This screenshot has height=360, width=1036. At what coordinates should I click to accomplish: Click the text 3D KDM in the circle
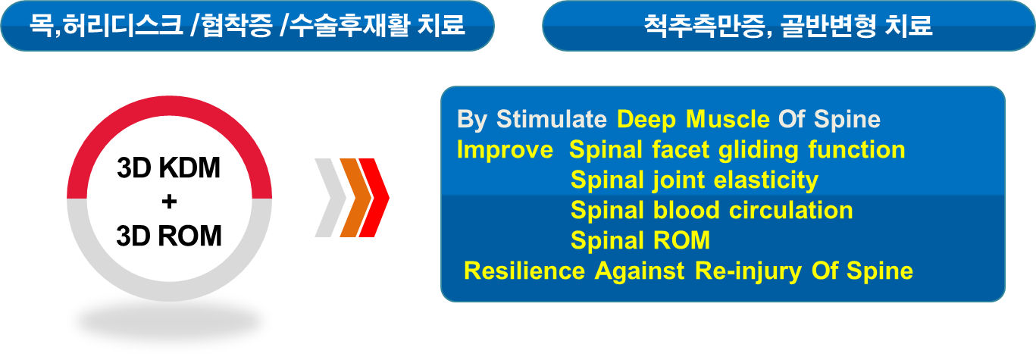tap(169, 167)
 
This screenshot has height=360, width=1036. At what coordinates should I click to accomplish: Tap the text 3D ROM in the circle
tap(169, 236)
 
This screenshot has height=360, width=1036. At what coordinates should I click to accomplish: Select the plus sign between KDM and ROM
tap(169, 202)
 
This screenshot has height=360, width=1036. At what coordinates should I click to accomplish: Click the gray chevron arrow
tap(331, 198)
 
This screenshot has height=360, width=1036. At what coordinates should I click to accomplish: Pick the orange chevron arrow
tap(355, 198)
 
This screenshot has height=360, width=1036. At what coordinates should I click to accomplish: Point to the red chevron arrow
tap(374, 198)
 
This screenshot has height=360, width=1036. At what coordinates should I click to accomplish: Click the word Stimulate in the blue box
tap(551, 119)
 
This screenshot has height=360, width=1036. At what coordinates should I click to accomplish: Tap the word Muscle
tap(728, 119)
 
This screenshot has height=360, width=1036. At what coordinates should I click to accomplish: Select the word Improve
tap(505, 150)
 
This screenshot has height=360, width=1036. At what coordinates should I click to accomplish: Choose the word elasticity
tap(766, 180)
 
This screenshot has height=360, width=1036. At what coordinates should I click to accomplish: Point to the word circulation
tap(791, 210)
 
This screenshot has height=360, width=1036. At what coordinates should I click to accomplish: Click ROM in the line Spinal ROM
tap(682, 240)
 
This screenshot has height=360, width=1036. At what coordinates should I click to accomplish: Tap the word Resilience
tap(524, 271)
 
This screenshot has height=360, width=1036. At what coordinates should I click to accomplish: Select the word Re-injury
tap(748, 271)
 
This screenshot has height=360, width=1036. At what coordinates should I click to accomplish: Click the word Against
tap(639, 271)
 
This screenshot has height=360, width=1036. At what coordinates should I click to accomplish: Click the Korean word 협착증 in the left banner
tap(237, 26)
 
